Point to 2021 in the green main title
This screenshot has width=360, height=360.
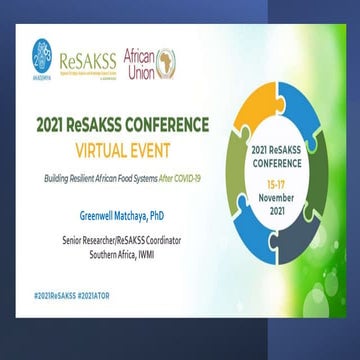(x=52, y=125)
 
